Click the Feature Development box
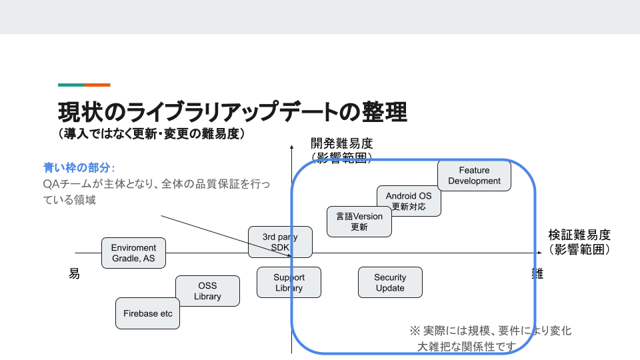pyautogui.click(x=474, y=175)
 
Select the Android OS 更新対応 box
pyautogui.click(x=409, y=201)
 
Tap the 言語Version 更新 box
pyautogui.click(x=359, y=221)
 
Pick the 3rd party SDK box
pyautogui.click(x=280, y=241)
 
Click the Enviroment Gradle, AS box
pyautogui.click(x=133, y=253)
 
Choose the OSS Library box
pyautogui.click(x=207, y=291)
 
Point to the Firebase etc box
pyautogui.click(x=148, y=313)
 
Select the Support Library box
pyautogui.click(x=289, y=283)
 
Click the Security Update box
pyautogui.click(x=390, y=283)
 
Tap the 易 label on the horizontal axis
pyautogui.click(x=74, y=274)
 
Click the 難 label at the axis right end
pyautogui.click(x=537, y=273)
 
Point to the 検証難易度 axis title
pyautogui.click(x=579, y=235)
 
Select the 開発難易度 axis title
pyautogui.click(x=341, y=143)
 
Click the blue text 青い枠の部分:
pyautogui.click(x=79, y=167)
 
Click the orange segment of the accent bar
pyautogui.click(x=97, y=85)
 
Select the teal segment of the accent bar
pyautogui.click(x=71, y=85)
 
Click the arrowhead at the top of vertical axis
pyautogui.click(x=292, y=144)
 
